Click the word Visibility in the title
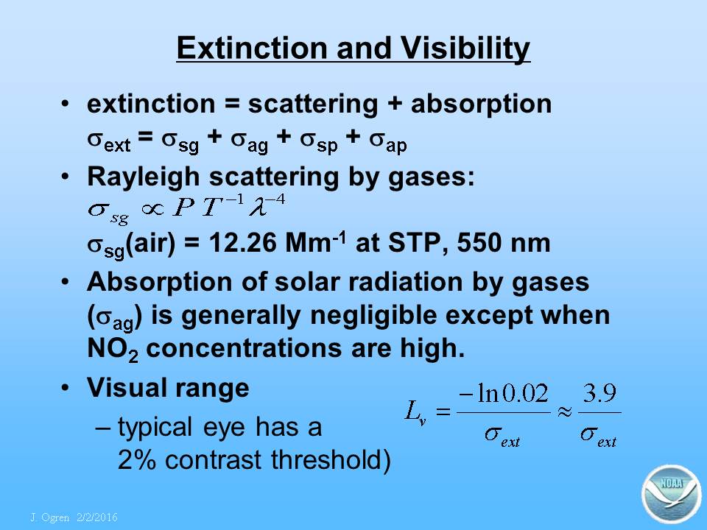465,49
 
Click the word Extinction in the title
253,48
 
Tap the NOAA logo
672,494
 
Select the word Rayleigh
144,177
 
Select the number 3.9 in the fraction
599,393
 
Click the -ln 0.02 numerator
504,393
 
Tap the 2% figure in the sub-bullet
137,460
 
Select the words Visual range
168,389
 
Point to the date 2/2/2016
97,517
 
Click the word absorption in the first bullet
481,105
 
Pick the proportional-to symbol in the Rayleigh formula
152,209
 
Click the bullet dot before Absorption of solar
66,282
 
